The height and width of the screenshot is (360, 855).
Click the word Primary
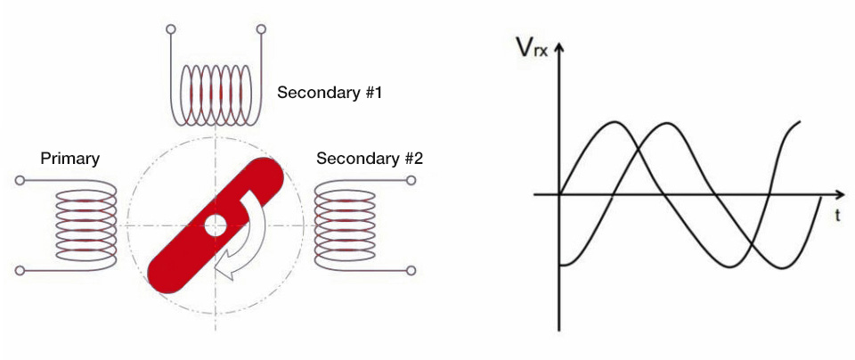tap(70, 159)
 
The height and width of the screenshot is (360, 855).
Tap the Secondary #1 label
tap(330, 93)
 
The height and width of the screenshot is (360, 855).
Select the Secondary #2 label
tap(369, 159)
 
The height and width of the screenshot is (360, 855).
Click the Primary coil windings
tap(86, 225)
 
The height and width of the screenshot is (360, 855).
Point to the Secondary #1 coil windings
tap(216, 95)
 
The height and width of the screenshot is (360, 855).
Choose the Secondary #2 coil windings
tap(345, 225)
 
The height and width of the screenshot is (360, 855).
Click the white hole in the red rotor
tap(216, 225)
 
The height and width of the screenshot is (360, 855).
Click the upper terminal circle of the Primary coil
tap(20, 180)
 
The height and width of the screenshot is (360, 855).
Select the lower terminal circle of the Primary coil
tap(20, 270)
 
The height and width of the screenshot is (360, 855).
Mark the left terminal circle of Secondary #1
tap(171, 28)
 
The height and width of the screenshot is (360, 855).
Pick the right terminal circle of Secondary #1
tap(261, 28)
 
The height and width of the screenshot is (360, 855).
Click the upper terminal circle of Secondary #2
tap(411, 180)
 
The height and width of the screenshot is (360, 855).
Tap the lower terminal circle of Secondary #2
tap(411, 270)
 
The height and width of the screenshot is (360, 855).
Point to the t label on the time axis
tap(836, 216)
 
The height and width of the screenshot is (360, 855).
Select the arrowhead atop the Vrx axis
tap(559, 48)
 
